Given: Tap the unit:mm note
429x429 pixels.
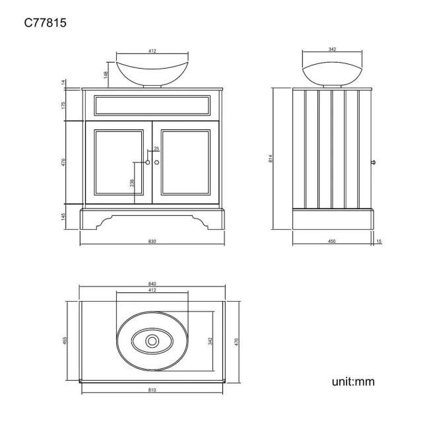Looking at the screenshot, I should tap(353, 381).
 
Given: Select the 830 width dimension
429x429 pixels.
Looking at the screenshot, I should tap(152, 242).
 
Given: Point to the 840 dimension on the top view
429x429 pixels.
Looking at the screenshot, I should tap(152, 284).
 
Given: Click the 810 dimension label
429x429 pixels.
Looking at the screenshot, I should tap(152, 390).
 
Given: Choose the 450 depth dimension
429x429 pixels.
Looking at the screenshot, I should tap(332, 242).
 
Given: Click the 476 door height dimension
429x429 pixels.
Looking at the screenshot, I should tap(63, 162).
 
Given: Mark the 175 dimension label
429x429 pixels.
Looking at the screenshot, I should tap(63, 104).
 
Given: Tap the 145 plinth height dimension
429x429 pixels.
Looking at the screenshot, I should tap(63, 216).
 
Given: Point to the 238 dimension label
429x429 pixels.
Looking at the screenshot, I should tap(132, 182).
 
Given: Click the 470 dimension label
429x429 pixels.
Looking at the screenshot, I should tap(236, 341).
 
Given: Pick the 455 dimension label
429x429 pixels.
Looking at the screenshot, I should tap(65, 341).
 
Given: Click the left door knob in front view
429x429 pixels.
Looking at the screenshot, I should tap(148, 162).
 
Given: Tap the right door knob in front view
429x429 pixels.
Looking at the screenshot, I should tap(157, 162).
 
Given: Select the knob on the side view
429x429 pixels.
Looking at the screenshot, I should tap(374, 161).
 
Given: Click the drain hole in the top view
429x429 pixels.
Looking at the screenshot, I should tap(152, 341).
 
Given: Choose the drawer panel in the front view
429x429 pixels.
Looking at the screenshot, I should tap(152, 104).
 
